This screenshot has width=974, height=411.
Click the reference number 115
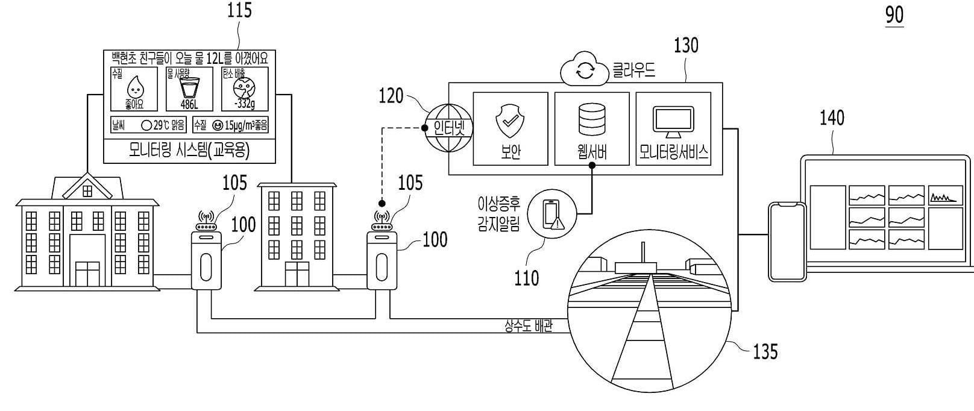[239, 11]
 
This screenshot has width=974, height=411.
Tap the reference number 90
[894, 14]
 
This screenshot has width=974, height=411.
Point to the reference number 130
[686, 45]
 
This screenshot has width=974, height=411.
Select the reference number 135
[765, 351]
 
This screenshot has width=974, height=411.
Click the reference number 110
[526, 278]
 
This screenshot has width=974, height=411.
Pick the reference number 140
[832, 118]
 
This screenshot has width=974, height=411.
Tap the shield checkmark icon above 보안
[510, 119]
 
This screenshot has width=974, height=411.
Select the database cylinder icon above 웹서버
[591, 119]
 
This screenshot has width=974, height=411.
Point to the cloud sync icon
[585, 72]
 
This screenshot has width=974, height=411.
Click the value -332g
[245, 104]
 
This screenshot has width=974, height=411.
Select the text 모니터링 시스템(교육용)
[189, 150]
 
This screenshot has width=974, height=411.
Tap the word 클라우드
[633, 71]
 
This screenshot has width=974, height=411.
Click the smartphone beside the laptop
[787, 241]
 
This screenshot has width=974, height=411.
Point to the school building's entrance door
[87, 274]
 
